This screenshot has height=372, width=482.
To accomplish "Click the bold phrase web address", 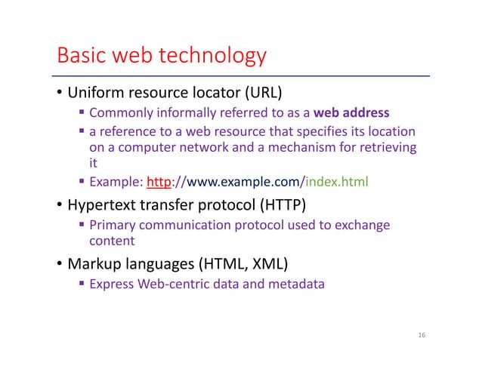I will (351, 114).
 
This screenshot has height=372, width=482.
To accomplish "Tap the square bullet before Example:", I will (82, 182).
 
